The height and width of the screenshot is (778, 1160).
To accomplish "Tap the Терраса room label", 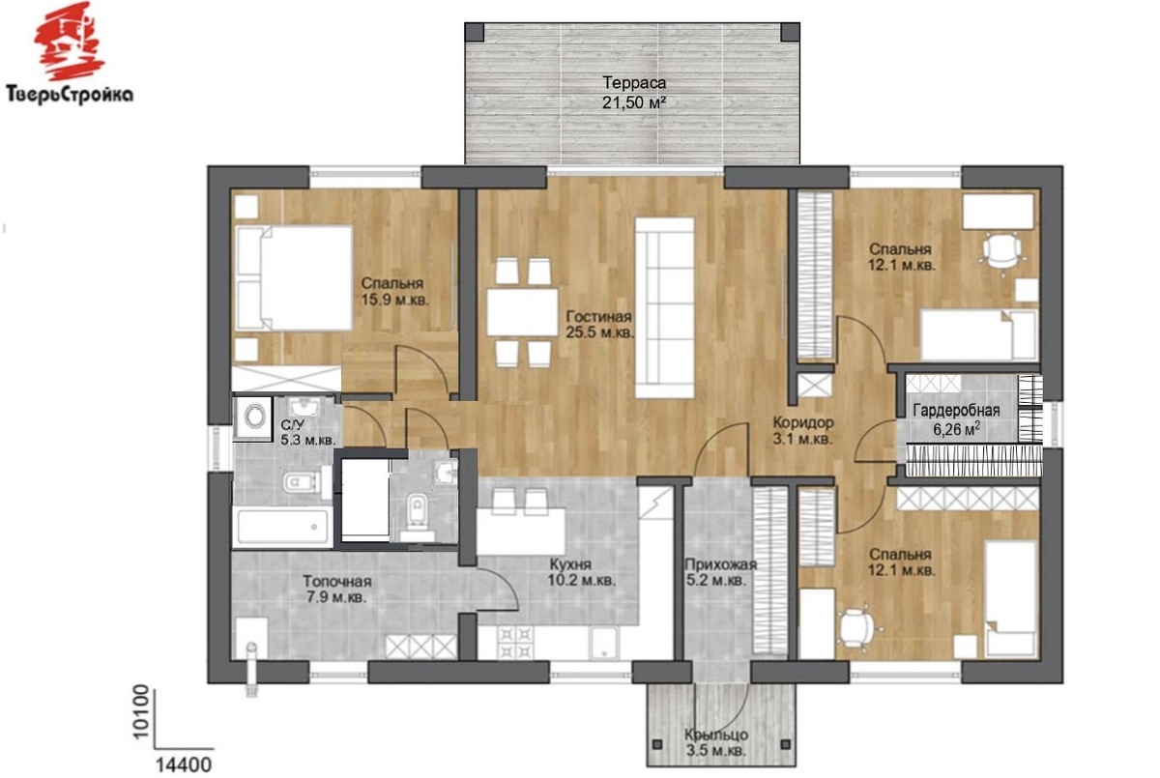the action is coord(634,83).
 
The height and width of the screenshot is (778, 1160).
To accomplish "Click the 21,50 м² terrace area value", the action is coord(634,102).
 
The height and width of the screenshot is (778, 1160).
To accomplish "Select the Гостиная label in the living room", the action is coord(598,316).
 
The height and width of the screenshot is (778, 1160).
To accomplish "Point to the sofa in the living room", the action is coord(664,308).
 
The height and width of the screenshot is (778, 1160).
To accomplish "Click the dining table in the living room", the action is coord(523,312).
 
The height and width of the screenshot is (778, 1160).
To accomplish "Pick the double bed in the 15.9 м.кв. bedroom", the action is coord(294,277).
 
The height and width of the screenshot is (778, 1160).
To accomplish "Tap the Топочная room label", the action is coord(337,581).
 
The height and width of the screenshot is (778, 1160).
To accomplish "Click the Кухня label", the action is coord(570,563).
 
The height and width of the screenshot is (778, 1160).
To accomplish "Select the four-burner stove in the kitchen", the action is coord(514,643).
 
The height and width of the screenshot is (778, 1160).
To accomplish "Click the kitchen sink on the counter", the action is coord(604,643).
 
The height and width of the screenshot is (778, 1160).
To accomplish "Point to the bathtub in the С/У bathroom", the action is coord(282,527).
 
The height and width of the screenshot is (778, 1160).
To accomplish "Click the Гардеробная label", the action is coord(956,411).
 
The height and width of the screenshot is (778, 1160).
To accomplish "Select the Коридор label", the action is coord(803,423).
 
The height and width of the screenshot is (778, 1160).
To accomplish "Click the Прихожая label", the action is coord(721,564).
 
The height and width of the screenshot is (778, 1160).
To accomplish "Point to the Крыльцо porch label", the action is coord(716,735).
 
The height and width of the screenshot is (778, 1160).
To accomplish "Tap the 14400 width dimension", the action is coord(184,764).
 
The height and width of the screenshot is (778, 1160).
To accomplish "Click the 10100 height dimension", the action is coord(140,712).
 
